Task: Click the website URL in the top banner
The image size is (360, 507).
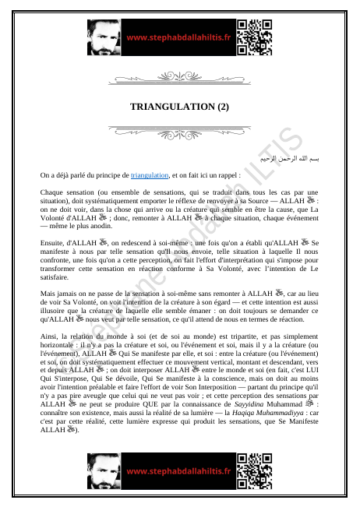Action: pos(178,37)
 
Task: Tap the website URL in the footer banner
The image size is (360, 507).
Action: pos(178,471)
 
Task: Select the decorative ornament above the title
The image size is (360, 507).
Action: pos(179,79)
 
